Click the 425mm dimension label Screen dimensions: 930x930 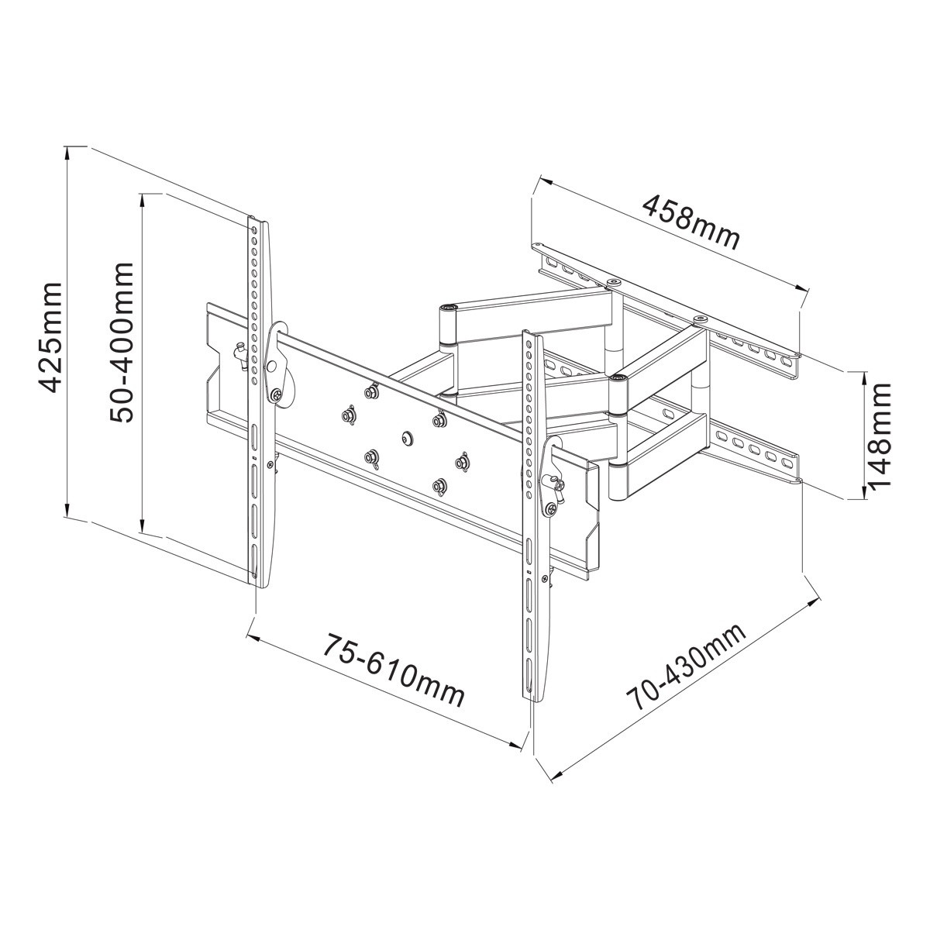tap(50, 337)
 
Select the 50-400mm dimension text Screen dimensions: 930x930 tap(121, 343)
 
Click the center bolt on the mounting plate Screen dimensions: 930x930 tap(406, 438)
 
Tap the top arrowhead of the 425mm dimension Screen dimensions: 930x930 tap(67, 153)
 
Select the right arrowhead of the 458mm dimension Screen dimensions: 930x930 tap(801, 288)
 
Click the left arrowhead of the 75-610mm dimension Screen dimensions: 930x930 tap(254, 639)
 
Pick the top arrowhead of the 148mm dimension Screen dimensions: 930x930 tap(865, 379)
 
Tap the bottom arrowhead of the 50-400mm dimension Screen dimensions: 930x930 tap(142, 525)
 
